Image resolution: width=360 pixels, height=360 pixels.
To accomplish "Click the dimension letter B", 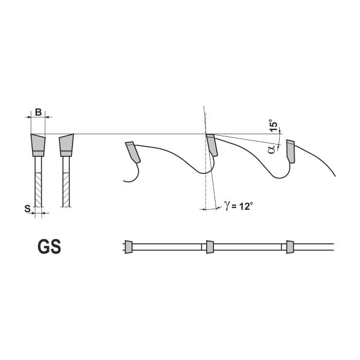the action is pyautogui.click(x=39, y=113).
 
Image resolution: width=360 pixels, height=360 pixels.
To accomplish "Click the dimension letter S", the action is pyautogui.click(x=28, y=209).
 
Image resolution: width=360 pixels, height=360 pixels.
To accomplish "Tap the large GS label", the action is pyautogui.click(x=49, y=246).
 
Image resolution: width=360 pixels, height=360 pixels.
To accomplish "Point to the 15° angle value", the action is pyautogui.click(x=274, y=125).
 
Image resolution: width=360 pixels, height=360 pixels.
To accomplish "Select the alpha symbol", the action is pyautogui.click(x=272, y=149).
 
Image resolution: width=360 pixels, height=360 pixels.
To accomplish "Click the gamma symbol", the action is pyautogui.click(x=227, y=205).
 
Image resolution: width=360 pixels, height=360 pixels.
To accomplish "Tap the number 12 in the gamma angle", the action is pyautogui.click(x=244, y=206).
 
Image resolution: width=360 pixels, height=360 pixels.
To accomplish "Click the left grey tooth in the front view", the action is pyautogui.click(x=38, y=145).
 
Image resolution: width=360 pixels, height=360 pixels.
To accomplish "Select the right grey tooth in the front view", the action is pyautogui.click(x=66, y=145).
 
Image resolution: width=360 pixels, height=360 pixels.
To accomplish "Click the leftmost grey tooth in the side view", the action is pyautogui.click(x=133, y=152).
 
